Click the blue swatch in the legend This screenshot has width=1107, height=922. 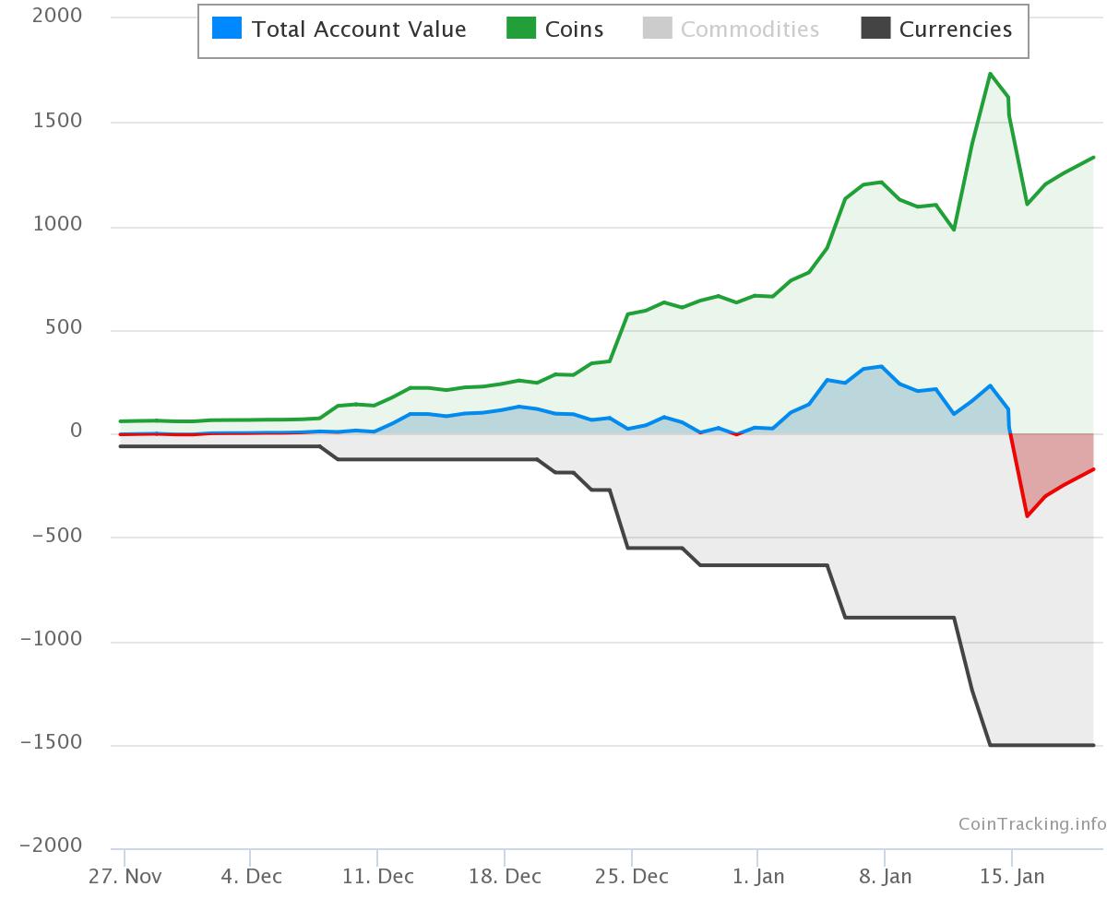(227, 29)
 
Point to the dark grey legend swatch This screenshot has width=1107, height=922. (875, 29)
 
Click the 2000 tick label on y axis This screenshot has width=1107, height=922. (56, 16)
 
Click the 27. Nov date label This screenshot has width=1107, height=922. (125, 876)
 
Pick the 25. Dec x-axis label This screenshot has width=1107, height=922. (632, 876)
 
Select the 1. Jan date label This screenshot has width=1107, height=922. (758, 876)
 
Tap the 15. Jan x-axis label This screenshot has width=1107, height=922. (1012, 876)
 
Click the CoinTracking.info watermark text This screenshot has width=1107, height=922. (1031, 823)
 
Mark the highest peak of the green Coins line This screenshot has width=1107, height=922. (990, 74)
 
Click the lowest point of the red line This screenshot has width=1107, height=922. (1027, 516)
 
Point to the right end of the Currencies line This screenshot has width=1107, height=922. (1093, 745)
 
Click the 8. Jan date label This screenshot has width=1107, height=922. (885, 876)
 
